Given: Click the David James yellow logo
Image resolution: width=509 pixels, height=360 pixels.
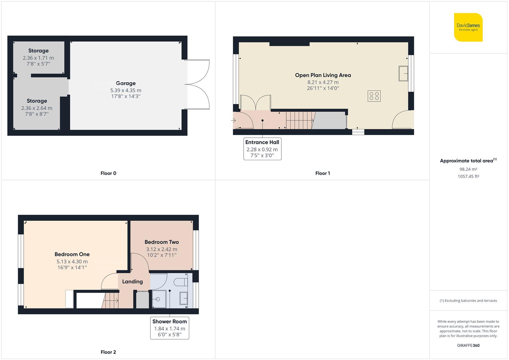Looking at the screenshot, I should [468, 27].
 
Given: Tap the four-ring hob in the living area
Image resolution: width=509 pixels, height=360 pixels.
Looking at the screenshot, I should [374, 96].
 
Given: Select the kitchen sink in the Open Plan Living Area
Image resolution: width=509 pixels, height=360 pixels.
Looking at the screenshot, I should [403, 73].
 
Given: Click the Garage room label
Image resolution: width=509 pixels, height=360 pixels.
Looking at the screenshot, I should [126, 83].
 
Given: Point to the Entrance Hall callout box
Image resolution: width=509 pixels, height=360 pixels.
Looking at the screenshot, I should [262, 149].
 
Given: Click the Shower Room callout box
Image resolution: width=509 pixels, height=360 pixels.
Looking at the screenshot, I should [170, 328].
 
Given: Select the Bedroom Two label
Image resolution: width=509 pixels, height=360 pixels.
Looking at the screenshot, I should [162, 242].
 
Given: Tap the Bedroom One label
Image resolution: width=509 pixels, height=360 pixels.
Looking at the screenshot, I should [72, 254].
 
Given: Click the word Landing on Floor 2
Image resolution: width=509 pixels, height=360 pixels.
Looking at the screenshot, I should [132, 282].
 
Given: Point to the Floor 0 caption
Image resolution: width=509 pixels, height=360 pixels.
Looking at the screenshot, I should [108, 173].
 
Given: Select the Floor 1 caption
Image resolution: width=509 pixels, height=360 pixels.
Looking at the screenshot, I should [322, 173].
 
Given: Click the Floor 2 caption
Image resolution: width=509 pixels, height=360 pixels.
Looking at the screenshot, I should [108, 352].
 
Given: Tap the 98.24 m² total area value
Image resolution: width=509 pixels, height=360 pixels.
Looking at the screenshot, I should [468, 169].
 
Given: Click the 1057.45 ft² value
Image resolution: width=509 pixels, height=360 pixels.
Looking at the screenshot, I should [468, 177].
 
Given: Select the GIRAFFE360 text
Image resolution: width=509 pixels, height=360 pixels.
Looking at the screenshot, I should [468, 345].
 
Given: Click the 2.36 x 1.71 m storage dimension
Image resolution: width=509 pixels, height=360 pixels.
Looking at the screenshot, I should [38, 58].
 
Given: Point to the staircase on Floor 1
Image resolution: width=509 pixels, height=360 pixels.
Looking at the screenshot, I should [300, 120].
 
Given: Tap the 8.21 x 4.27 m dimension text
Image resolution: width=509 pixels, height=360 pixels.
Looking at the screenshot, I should [323, 82].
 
